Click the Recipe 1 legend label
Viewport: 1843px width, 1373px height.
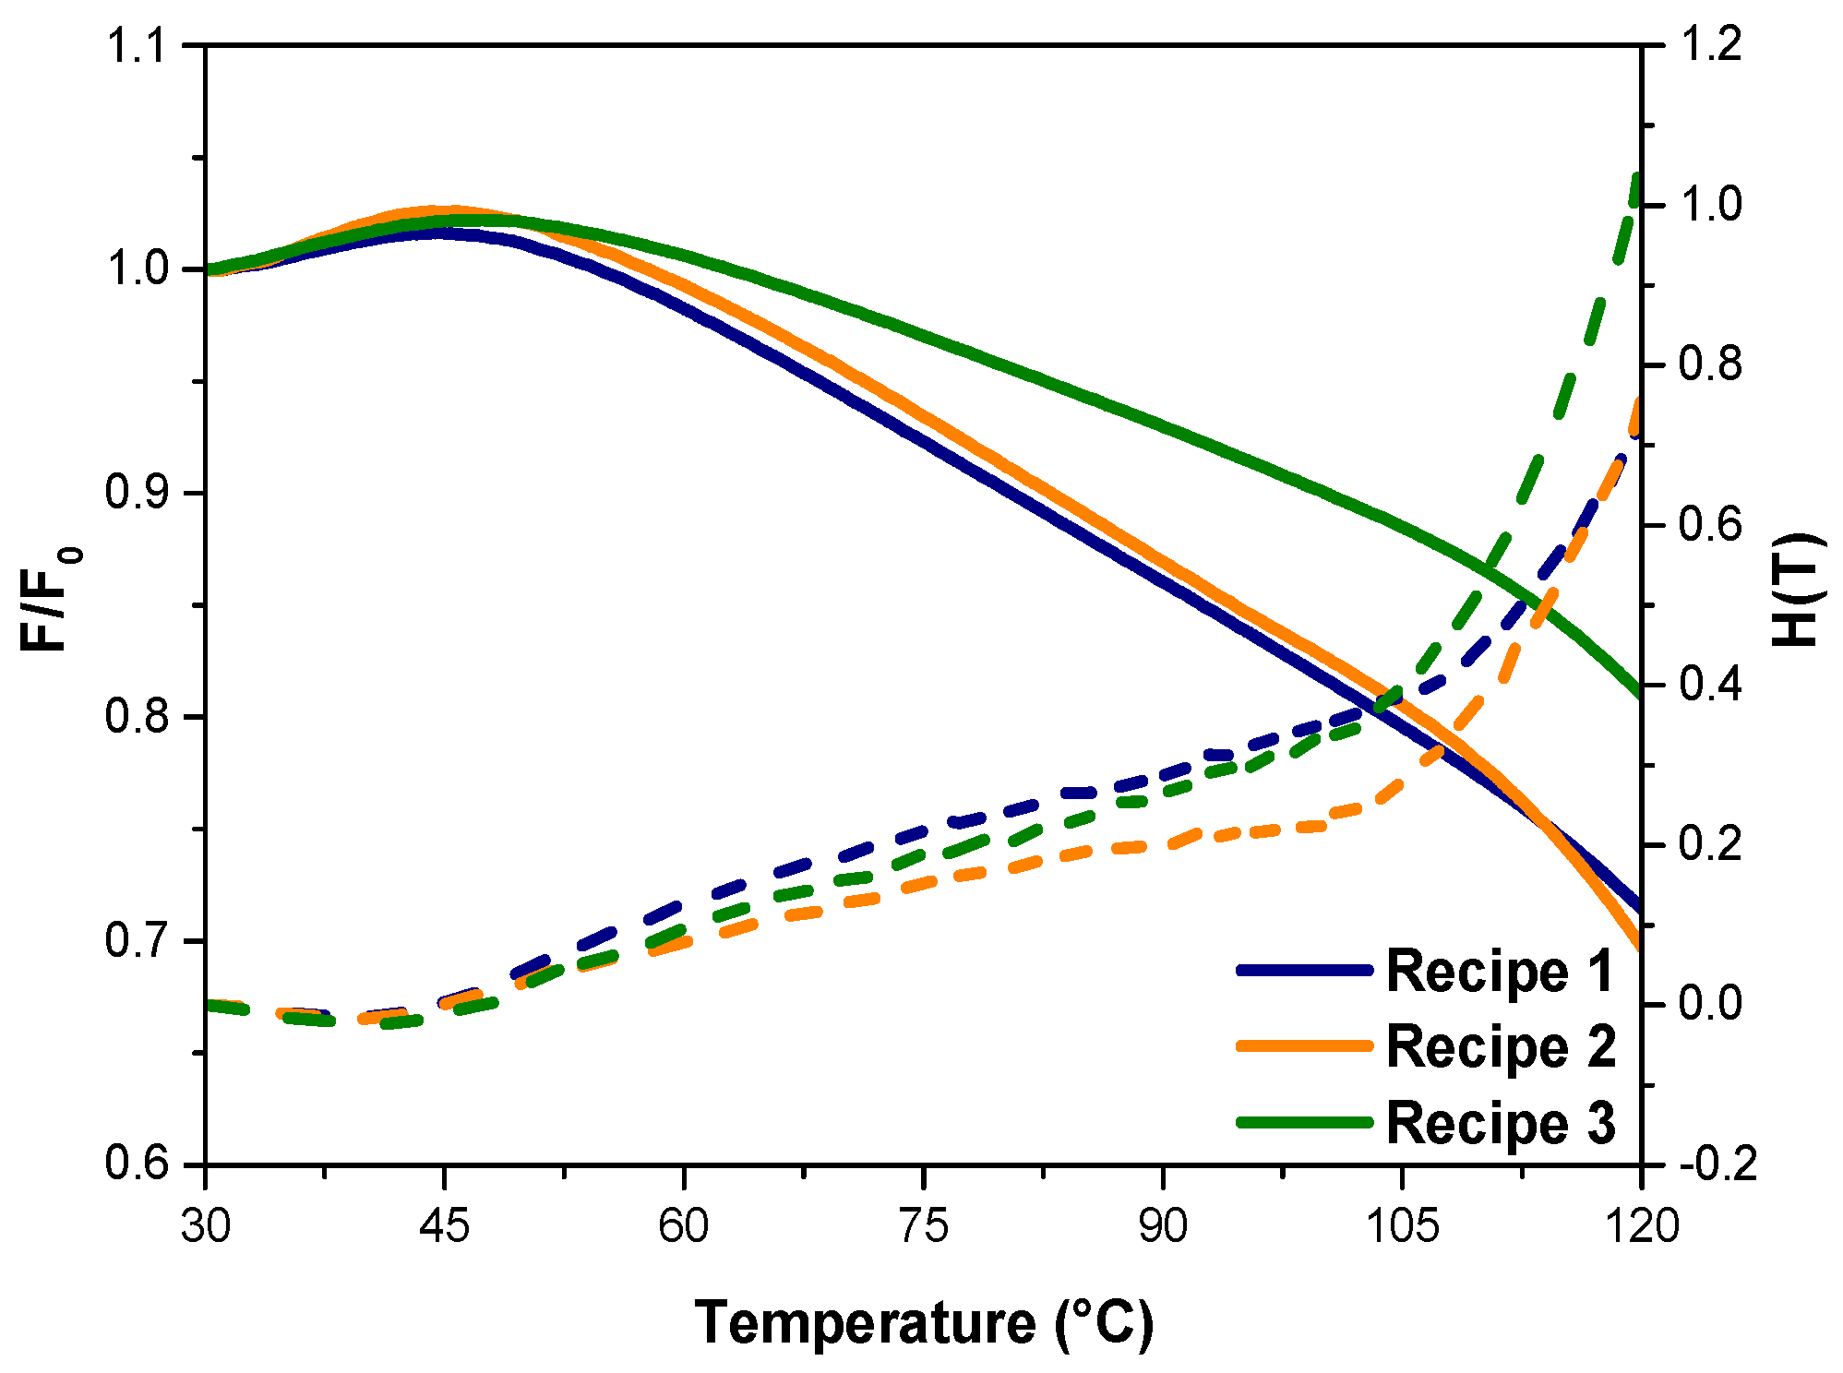point(1500,972)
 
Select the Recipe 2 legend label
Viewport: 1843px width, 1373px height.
point(1500,1047)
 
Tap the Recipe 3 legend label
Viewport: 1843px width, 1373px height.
point(1500,1123)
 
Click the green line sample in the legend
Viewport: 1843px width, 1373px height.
point(1305,1122)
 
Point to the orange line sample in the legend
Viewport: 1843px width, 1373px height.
point(1305,1045)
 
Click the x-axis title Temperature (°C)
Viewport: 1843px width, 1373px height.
point(924,1322)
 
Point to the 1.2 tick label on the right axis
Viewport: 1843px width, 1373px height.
point(1710,46)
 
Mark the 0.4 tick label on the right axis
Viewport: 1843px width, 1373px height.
point(1710,685)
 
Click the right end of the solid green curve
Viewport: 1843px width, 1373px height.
point(1639,693)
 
